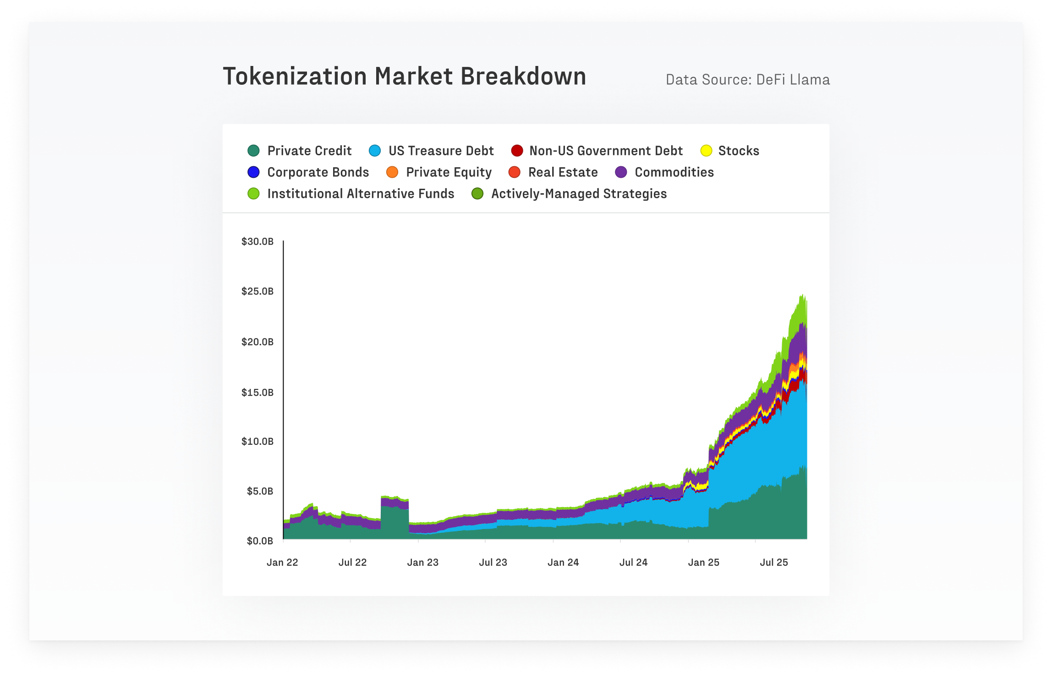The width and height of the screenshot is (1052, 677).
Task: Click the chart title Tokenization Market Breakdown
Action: [x=404, y=76]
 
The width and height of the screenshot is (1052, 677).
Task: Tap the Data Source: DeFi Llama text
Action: [x=747, y=80]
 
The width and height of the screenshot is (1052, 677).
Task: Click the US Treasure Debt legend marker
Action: [x=375, y=151]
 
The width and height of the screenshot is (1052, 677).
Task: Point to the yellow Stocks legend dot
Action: [x=706, y=151]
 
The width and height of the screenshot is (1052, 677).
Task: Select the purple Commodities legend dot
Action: [x=621, y=172]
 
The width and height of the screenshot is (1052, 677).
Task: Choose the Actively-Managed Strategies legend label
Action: [x=579, y=194]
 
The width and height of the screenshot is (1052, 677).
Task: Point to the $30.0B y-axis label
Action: [x=258, y=241]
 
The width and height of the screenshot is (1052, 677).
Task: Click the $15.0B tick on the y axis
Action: [x=258, y=393]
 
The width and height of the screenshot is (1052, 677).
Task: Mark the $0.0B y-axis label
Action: [x=260, y=541]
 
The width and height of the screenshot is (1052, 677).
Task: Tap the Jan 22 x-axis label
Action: [x=282, y=562]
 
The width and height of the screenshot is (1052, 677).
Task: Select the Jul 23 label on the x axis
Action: [x=493, y=562]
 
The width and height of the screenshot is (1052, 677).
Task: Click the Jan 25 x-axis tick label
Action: [x=703, y=562]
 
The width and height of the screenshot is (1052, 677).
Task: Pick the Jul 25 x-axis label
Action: [x=774, y=562]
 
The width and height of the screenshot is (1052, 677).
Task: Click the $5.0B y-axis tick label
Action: [x=260, y=491]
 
